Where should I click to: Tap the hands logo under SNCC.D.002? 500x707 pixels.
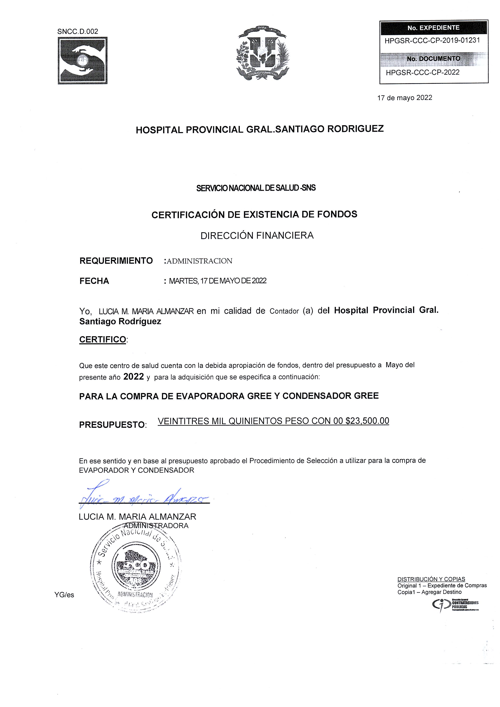[x=83, y=60]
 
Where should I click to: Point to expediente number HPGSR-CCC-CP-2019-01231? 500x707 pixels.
[x=432, y=40]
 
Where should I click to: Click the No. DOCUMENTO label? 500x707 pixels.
[x=434, y=59]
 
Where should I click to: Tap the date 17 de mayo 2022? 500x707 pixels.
[x=405, y=98]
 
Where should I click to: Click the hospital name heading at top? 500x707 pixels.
[x=260, y=129]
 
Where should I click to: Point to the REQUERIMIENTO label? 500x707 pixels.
[x=116, y=261]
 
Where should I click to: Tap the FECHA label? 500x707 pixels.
[x=94, y=281]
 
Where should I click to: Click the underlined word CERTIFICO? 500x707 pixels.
[x=103, y=340]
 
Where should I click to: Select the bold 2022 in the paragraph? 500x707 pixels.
[x=134, y=377]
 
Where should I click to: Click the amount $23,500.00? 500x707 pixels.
[x=367, y=421]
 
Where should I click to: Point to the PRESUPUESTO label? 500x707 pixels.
[x=112, y=425]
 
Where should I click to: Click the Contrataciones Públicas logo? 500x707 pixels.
[x=456, y=605]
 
